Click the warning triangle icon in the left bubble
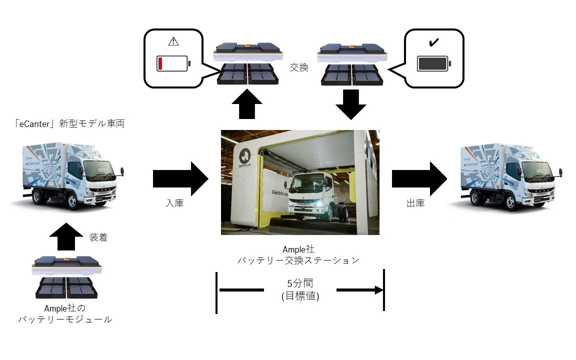173,42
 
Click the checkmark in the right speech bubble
433,42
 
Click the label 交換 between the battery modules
299,68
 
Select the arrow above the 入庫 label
180,178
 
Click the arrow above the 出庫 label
418,178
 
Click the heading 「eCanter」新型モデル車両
69,123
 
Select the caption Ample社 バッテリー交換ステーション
300,255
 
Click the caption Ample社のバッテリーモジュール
65,313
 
